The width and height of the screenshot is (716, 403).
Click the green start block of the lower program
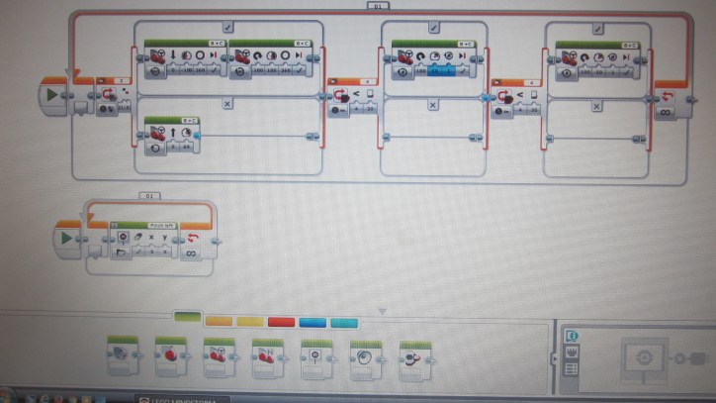tap(68, 239)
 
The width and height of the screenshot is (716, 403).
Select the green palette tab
tap(187, 317)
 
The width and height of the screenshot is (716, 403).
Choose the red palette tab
tap(281, 321)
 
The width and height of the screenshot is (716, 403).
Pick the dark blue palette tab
tap(313, 321)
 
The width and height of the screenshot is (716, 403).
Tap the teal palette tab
tap(343, 321)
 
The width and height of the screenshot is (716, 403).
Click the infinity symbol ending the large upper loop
tap(666, 112)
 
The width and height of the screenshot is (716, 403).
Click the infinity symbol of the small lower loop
tap(190, 253)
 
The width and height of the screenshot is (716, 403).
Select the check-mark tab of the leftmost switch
tap(226, 28)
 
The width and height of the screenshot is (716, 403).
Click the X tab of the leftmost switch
tap(226, 103)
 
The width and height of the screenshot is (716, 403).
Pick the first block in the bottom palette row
tap(123, 354)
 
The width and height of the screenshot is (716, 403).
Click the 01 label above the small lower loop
tap(150, 196)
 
